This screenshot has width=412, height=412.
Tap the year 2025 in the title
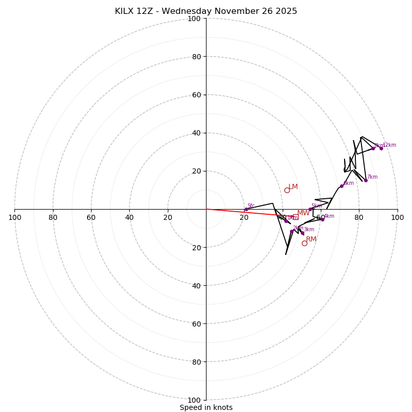285,11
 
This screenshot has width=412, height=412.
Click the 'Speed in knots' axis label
206,407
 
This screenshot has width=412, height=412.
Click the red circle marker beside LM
287,190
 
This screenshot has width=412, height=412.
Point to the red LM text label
293,187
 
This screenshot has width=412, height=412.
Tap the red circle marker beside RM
304,243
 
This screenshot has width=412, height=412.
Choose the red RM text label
311,239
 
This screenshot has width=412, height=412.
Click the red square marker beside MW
295,217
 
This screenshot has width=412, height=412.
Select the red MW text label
303,213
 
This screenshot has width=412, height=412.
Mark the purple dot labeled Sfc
246,210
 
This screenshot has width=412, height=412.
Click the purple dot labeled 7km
366,180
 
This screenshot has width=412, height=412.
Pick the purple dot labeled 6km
341,186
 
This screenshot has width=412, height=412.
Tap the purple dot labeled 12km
381,148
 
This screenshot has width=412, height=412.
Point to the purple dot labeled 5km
310,209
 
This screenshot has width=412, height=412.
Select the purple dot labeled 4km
322,219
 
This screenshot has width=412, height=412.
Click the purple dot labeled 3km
302,233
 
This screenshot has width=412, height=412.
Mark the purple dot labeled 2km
291,231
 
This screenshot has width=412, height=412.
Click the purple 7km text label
372,177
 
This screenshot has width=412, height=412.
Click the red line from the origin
242,212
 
